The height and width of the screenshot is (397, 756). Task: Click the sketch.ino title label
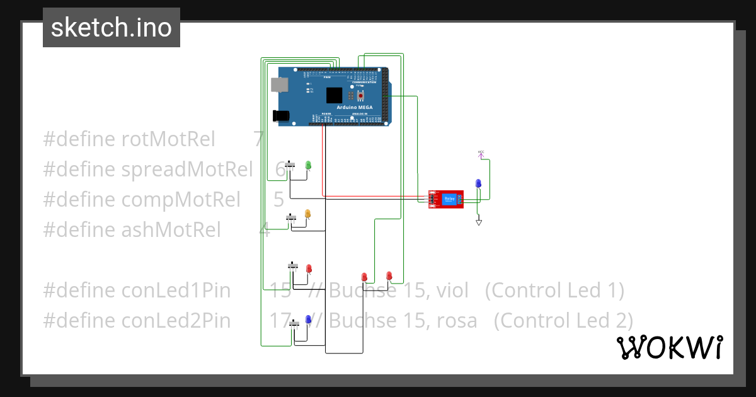click(x=112, y=28)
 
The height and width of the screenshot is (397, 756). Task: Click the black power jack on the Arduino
click(x=281, y=116)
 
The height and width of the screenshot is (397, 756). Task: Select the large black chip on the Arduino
click(x=334, y=95)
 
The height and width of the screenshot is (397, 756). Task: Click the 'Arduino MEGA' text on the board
click(x=355, y=108)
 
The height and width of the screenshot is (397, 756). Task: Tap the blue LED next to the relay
click(x=478, y=183)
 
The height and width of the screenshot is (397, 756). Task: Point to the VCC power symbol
click(x=481, y=153)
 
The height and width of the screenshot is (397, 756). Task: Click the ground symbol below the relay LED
click(x=479, y=222)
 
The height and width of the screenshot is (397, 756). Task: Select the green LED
click(x=308, y=165)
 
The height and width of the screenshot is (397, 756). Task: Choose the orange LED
click(x=307, y=214)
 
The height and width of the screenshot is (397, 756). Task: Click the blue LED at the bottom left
click(x=308, y=320)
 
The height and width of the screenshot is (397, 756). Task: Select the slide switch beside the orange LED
click(x=291, y=217)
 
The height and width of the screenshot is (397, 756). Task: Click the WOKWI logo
click(x=669, y=347)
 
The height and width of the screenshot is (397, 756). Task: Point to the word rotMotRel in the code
click(x=168, y=139)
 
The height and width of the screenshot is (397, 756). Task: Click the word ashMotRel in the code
click(x=171, y=230)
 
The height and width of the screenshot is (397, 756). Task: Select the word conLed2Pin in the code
click(x=176, y=321)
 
